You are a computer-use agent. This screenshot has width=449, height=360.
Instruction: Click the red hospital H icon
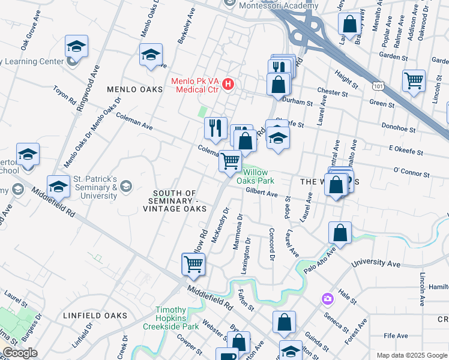pos(228,85)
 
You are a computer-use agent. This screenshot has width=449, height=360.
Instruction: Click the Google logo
pos(20,353)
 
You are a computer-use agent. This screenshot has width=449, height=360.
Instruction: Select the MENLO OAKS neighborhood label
pos(135,89)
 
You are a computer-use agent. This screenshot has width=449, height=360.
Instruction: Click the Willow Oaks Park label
pos(255,176)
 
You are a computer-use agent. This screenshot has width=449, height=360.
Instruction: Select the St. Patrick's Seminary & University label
pos(95,188)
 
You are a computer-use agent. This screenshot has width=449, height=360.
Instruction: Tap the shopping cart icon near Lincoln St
pos(414,80)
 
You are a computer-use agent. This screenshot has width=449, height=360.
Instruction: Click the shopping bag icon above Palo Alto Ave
pos(340,233)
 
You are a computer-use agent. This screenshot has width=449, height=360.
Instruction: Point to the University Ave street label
pos(376,263)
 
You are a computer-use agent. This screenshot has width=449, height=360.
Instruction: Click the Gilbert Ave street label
pos(262,194)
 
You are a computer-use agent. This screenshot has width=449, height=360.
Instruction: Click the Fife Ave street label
pos(396,336)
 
